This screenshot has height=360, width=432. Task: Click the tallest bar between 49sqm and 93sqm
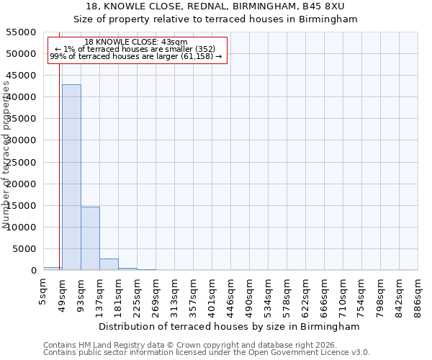point(71,177)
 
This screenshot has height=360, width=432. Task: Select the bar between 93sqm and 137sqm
point(90,238)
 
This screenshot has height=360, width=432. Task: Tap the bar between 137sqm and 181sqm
point(109,264)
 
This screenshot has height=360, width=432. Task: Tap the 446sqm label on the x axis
point(231,294)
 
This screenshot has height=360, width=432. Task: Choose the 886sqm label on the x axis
point(418,294)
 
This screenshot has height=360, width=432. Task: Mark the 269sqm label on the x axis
point(156,294)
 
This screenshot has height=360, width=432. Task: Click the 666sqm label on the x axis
point(325,294)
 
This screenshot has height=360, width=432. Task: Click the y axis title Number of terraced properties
point(6,154)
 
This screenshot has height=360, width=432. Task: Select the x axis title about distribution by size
point(229,326)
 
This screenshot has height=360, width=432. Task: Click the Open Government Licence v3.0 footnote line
point(207,353)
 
